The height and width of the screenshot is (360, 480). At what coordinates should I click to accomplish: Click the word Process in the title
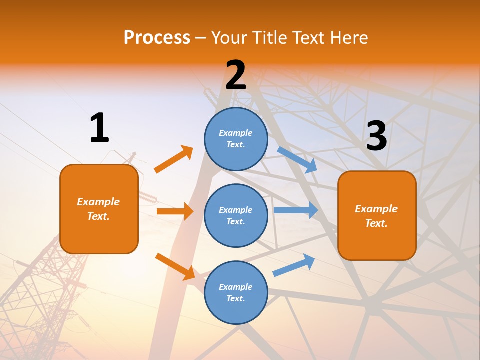(157, 37)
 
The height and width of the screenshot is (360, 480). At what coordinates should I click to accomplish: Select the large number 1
(99, 128)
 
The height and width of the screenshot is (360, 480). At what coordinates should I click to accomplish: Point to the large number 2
(236, 75)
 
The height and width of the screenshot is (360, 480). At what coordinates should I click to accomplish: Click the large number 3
(376, 136)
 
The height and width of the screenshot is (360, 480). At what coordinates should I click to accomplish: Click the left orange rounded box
(99, 209)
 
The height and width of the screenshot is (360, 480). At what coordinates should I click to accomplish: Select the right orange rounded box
(377, 216)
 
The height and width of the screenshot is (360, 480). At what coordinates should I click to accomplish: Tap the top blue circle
(236, 139)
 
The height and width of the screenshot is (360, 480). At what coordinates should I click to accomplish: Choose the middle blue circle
(236, 215)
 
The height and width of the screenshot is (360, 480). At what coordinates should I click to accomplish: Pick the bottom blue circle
(236, 292)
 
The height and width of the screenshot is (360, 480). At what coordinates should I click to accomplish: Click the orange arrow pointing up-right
(174, 159)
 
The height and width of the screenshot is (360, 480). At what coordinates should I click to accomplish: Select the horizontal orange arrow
(175, 211)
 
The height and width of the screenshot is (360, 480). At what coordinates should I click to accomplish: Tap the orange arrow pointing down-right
(175, 266)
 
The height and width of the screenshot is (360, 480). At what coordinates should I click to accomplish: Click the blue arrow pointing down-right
(297, 159)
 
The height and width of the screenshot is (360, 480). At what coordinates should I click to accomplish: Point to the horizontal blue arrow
(295, 210)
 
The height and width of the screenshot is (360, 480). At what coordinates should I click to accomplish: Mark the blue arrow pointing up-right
(294, 265)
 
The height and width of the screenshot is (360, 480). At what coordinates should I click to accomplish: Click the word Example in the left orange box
(98, 202)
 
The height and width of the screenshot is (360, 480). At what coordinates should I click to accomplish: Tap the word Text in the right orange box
(376, 223)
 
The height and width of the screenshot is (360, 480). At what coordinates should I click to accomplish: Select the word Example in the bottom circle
(236, 287)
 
